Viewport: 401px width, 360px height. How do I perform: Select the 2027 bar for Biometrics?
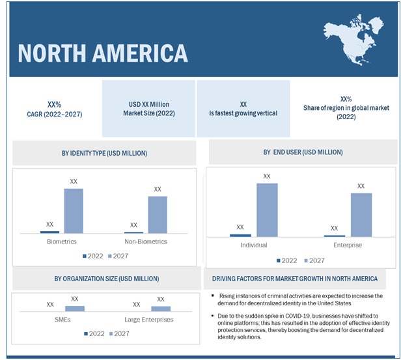(x=74, y=210)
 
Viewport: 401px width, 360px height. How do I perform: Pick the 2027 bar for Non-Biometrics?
(x=157, y=214)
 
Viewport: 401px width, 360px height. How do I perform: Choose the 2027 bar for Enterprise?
(x=361, y=214)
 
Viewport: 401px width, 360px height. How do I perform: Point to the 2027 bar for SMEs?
(x=75, y=309)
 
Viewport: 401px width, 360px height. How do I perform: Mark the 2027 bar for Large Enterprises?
(x=161, y=309)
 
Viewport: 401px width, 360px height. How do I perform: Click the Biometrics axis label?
(x=62, y=242)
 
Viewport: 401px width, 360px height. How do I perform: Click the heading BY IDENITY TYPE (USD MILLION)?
(x=104, y=153)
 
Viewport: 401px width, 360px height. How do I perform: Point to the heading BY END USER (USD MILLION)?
(x=303, y=152)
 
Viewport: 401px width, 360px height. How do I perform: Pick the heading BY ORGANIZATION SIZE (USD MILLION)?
(x=106, y=279)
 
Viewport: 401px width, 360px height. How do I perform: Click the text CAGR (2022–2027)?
(x=55, y=114)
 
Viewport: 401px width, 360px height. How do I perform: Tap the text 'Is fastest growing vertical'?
(x=243, y=113)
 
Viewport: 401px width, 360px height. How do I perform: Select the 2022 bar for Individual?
(x=240, y=235)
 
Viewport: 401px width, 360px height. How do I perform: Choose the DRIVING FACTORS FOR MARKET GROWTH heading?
(x=295, y=279)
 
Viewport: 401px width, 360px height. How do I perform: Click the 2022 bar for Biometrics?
(x=49, y=231)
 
